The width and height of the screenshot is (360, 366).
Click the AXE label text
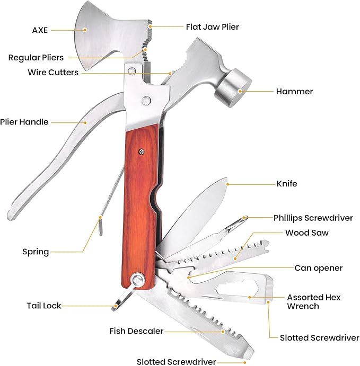(40, 30)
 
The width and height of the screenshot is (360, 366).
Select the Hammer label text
(294, 91)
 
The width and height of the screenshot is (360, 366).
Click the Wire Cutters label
(53, 73)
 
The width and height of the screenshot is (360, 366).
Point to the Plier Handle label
(24, 122)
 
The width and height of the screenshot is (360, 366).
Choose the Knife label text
(286, 184)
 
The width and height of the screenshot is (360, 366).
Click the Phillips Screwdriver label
(313, 217)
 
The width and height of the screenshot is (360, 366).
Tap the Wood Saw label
(306, 233)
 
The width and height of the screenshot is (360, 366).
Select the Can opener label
(318, 268)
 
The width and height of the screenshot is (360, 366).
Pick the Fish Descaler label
(136, 331)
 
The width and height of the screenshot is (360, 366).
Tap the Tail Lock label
(44, 306)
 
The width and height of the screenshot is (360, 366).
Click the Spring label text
(36, 252)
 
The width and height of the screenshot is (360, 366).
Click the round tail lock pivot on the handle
(139, 280)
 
